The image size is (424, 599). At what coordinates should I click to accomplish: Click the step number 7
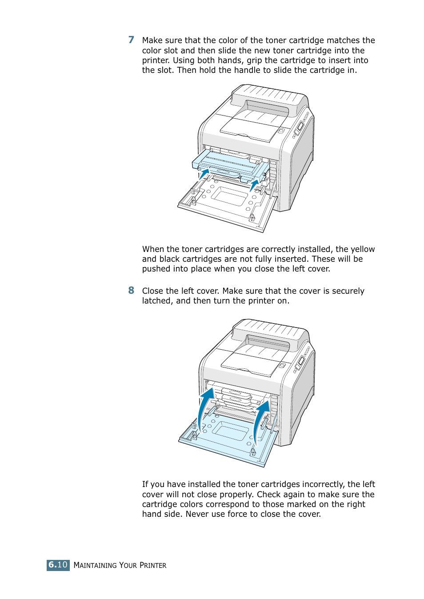tap(131, 40)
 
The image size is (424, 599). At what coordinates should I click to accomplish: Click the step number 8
tap(131, 291)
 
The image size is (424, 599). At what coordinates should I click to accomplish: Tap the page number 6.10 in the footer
tap(58, 565)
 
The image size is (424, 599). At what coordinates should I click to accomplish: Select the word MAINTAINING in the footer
tap(95, 565)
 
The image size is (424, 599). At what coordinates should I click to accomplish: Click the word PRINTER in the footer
tap(153, 565)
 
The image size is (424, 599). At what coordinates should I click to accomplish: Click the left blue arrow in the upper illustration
tap(204, 173)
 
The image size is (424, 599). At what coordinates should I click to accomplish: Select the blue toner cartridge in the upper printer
tap(229, 164)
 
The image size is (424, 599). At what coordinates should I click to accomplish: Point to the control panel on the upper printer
tap(300, 127)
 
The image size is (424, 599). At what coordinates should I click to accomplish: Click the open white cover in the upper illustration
tap(227, 204)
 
